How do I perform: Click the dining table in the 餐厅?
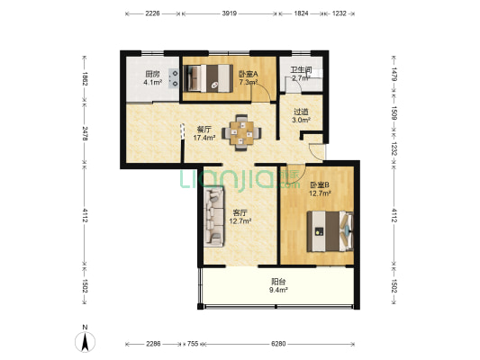tap(242, 132)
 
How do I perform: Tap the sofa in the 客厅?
tap(214, 217)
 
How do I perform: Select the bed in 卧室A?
tap(210, 78)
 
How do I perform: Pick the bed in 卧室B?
tap(331, 231)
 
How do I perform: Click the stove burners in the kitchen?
tap(174, 78)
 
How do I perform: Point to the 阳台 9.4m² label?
tap(278, 285)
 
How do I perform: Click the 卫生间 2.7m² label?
tap(301, 74)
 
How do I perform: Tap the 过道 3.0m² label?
tap(301, 115)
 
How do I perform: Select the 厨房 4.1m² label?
tap(153, 78)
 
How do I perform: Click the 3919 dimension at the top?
tap(230, 13)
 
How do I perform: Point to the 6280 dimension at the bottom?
tap(278, 344)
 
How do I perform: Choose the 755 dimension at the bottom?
tap(193, 344)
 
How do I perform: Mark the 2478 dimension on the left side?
tap(85, 134)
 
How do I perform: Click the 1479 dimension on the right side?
tap(394, 74)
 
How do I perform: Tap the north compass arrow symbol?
tap(85, 341)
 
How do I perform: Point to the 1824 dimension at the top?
tap(301, 13)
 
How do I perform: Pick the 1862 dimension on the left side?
tap(85, 78)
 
